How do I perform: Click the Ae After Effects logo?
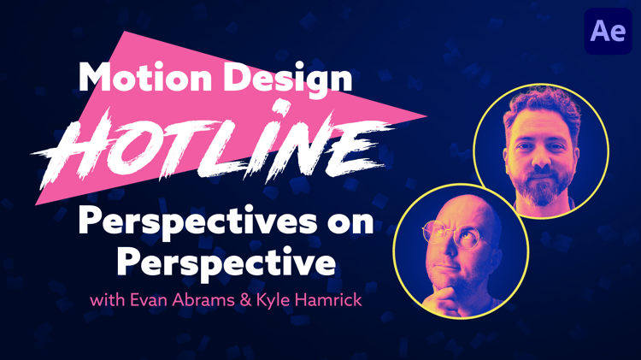[609, 31]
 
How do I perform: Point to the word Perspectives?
[197, 222]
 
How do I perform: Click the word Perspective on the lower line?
[226, 263]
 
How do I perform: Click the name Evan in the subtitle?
[149, 300]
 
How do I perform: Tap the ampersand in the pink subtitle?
[246, 300]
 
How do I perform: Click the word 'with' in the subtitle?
[108, 300]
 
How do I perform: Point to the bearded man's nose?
[542, 160]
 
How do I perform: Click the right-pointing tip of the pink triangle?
[426, 116]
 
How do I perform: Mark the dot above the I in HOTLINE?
[282, 107]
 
